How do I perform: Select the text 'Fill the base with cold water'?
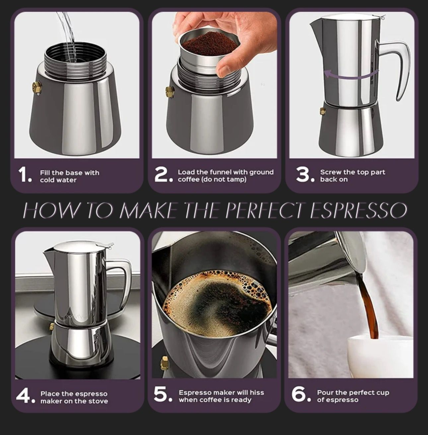tap(69, 176)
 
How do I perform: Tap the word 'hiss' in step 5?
tap(256, 393)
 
